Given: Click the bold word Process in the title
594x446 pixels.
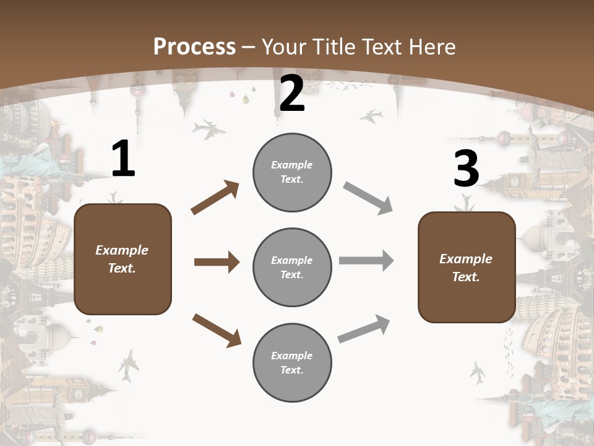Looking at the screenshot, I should tap(194, 46).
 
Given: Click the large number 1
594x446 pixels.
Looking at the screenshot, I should tap(123, 159).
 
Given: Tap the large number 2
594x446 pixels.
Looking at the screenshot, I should tap(292, 94).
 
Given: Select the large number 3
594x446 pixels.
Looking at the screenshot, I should tap(466, 169).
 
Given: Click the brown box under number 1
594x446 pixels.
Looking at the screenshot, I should tap(123, 259).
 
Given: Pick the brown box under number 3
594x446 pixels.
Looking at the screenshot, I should tap(467, 267).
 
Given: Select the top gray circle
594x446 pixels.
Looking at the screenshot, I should tap(292, 172).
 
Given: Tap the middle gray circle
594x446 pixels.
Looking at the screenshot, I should tap(292, 267).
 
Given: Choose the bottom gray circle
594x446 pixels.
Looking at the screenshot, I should tap(292, 362).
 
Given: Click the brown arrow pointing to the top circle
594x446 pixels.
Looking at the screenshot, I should tap(215, 198).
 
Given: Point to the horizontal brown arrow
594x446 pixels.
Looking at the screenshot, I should tap(217, 262).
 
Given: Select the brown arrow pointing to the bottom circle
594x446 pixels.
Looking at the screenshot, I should tap(217, 330).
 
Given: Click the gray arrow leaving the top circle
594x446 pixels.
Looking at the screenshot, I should tap(368, 198).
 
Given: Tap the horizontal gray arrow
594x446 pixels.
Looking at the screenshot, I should tap(366, 260).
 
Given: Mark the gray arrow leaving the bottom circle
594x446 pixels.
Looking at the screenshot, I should tap(364, 329).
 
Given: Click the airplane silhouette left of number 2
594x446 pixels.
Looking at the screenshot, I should tap(209, 129).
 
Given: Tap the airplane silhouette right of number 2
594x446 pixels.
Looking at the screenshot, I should tap(371, 116).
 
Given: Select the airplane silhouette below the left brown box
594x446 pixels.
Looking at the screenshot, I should tap(129, 365).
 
